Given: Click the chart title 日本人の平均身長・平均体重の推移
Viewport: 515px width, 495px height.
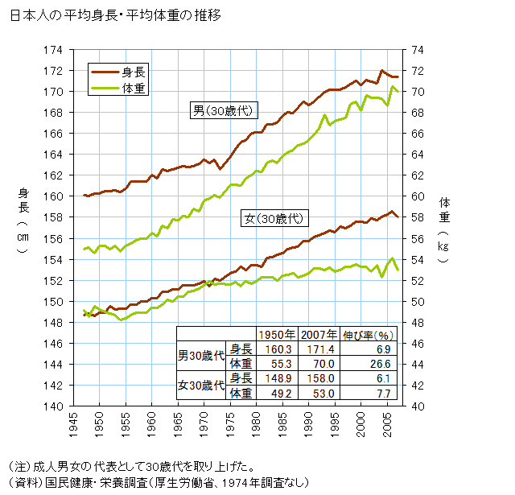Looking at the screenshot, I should [x=117, y=15].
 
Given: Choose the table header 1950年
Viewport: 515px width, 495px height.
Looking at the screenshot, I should [x=274, y=335].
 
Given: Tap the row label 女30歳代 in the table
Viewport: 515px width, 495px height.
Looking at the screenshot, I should [x=200, y=386].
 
